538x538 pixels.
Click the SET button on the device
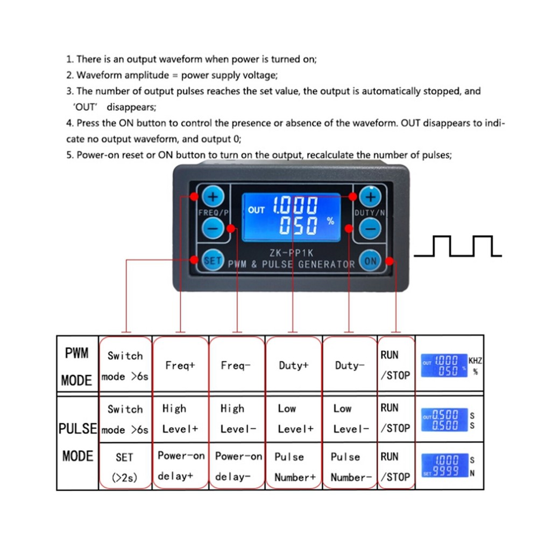[x=212, y=260]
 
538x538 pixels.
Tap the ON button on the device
[x=370, y=261]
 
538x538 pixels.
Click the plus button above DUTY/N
[x=370, y=197]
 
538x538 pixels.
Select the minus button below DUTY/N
[x=370, y=230]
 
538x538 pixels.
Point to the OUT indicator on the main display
[x=256, y=210]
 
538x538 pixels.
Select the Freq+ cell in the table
[x=180, y=365]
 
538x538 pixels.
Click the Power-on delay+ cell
[x=181, y=465]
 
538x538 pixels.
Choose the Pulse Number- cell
[x=351, y=466]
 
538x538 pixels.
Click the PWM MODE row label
[x=77, y=366]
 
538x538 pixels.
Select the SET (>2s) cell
[x=125, y=466]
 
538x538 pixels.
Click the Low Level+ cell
[x=294, y=419]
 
